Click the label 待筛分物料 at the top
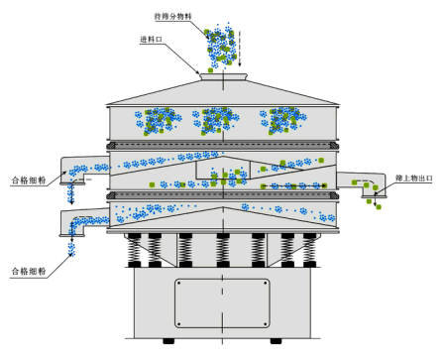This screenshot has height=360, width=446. point(173,16)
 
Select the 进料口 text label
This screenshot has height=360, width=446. point(151,40)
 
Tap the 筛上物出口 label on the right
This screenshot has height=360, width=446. point(414,179)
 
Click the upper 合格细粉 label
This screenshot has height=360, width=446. point(29,180)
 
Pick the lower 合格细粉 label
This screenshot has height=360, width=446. point(29,272)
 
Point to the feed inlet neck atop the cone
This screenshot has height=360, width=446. point(223,76)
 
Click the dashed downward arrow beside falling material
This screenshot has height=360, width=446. point(240,49)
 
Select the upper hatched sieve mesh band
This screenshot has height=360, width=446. point(223,146)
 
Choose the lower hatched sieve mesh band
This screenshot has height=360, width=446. point(223,196)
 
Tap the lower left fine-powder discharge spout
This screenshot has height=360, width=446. point(82,222)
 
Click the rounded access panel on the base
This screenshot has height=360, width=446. point(222,303)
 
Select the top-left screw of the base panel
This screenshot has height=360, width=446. point(179,284)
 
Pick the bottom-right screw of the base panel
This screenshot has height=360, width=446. point(266,323)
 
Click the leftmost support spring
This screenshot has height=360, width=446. point(135,250)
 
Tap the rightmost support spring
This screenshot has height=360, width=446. point(309,250)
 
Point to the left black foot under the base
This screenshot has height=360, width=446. point(168,341)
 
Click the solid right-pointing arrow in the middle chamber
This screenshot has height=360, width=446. point(294,186)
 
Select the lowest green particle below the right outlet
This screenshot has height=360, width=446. point(379,207)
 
